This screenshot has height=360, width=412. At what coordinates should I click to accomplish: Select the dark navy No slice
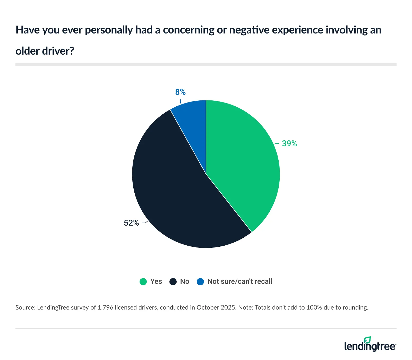click(x=175, y=196)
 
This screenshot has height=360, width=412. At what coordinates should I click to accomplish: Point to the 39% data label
click(x=289, y=144)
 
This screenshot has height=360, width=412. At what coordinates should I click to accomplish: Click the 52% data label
click(x=131, y=223)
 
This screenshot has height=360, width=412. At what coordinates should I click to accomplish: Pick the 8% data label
click(x=180, y=92)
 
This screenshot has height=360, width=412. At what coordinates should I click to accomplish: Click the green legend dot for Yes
click(x=143, y=282)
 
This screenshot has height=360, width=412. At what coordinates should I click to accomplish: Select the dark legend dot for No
click(x=173, y=282)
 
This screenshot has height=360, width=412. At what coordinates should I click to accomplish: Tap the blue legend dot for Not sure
click(x=200, y=282)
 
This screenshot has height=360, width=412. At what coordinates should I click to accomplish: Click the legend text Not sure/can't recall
click(x=240, y=281)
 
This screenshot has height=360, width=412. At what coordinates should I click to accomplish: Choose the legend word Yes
click(x=156, y=281)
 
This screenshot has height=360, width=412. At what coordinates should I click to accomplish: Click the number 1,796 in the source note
click(x=105, y=307)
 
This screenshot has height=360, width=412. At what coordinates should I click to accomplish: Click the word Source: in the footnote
click(x=25, y=307)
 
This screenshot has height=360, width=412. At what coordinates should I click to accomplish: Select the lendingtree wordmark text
click(x=370, y=346)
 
